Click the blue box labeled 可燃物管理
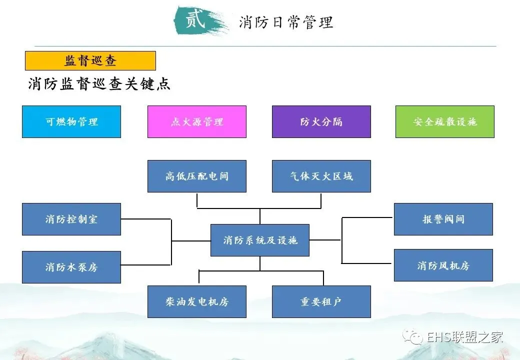point(71,121)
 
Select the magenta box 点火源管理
point(196,121)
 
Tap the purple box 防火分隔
point(321,121)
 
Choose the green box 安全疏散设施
point(444,121)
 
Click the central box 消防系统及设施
point(260,240)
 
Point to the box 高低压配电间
point(196,176)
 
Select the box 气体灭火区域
point(321,176)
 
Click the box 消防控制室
point(71,219)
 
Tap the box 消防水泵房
point(71,267)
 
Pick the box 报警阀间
point(443,219)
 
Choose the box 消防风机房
point(443,265)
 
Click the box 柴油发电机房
point(196,301)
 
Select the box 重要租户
point(321,301)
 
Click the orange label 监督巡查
point(90,61)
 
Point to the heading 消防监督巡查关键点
point(99,84)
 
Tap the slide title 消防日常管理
point(285,22)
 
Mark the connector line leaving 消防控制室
point(146,219)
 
